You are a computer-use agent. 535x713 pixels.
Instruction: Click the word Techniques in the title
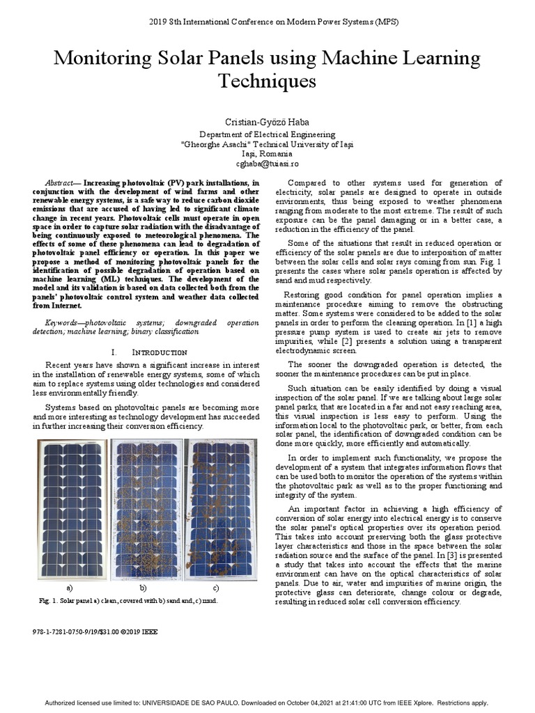267,82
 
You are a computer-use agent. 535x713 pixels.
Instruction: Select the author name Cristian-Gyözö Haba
267,122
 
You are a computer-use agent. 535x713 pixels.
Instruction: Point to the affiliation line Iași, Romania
267,153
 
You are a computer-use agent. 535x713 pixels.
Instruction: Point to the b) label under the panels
143,588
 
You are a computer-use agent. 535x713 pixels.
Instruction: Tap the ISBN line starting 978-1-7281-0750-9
95,632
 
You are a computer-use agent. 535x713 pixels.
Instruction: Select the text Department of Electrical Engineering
267,134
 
